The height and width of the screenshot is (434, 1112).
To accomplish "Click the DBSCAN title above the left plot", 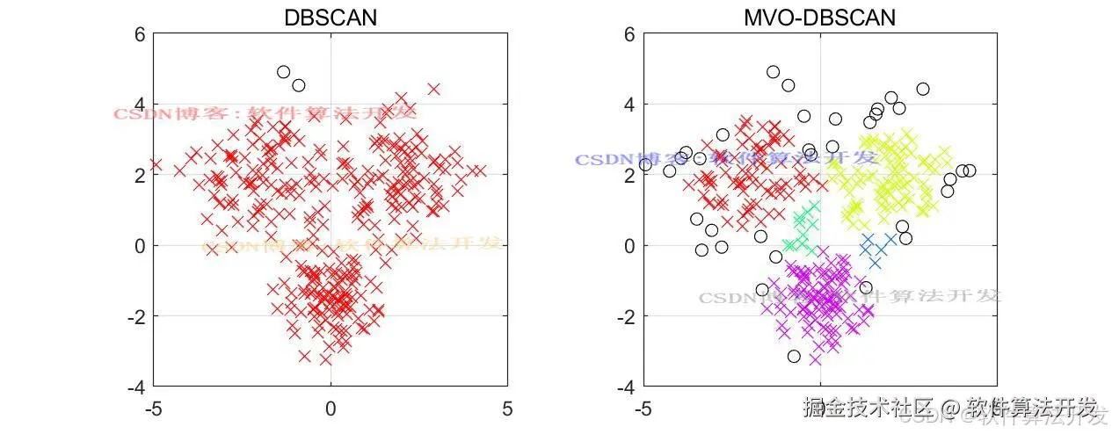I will coord(331,18).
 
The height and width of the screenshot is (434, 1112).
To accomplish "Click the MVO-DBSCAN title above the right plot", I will coord(819,18).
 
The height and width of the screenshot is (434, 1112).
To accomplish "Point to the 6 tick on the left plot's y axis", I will coord(138,34).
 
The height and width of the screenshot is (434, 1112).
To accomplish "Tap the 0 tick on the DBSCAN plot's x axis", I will coord(331,409).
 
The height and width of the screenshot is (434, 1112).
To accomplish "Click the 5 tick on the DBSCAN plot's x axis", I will coord(507,409).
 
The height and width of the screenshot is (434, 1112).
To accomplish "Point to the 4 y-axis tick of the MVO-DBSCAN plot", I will coord(628,105).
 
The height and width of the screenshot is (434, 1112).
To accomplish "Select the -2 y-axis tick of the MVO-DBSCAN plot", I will coord(624,316).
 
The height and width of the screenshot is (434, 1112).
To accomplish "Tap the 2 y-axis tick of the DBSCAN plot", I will coord(138,175).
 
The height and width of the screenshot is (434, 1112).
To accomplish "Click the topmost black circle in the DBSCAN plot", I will coord(283,72).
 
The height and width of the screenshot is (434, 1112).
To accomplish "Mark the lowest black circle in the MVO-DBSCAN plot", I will coord(794,357).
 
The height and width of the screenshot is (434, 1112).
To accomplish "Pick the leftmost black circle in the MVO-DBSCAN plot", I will coord(645,164).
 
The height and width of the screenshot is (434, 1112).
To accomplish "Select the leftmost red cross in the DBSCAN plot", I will coord(156,164).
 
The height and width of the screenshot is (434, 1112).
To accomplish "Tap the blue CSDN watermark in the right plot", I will coord(726,159).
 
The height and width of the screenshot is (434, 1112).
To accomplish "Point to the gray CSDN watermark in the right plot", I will coord(849,297).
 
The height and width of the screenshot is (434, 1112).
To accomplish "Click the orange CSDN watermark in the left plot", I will coord(352,245).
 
